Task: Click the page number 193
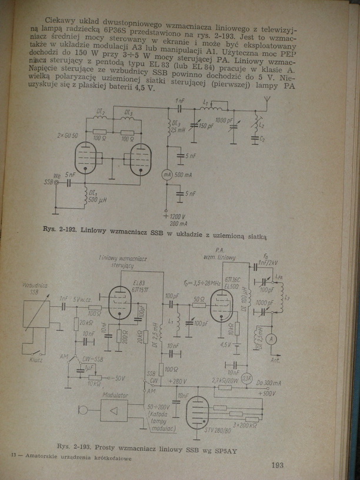pos(278,465)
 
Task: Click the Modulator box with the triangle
pos(114,410)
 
